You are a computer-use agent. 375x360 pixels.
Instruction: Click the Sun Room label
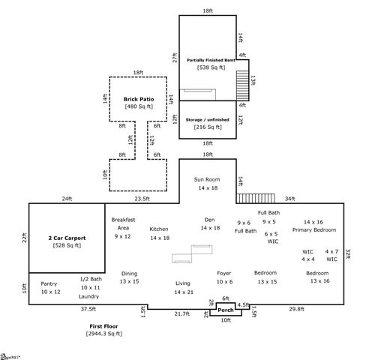point(207,180)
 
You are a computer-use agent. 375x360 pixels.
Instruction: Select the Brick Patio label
point(138,99)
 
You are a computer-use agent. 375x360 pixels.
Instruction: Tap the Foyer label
point(224,273)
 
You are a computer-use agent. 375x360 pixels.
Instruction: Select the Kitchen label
point(159,229)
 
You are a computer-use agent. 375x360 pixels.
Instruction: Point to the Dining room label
point(129,274)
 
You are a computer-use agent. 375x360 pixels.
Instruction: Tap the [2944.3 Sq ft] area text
point(103,332)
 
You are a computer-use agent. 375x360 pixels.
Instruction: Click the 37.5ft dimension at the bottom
point(88,309)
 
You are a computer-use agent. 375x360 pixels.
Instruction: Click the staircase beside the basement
point(241,84)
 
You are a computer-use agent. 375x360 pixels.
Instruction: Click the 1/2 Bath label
point(91,279)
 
